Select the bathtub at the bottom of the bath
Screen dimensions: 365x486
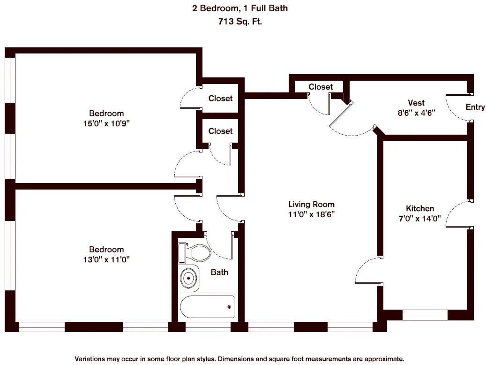pyautogui.click(x=207, y=307)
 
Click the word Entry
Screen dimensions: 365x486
pyautogui.click(x=475, y=107)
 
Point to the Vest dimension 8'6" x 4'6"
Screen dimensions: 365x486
pyautogui.click(x=416, y=113)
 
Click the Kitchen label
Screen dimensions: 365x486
pyautogui.click(x=419, y=208)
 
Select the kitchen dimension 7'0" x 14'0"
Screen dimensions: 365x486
pyautogui.click(x=419, y=218)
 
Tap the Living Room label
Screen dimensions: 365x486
pyautogui.click(x=311, y=204)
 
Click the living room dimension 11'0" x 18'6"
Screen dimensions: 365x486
pyautogui.click(x=311, y=214)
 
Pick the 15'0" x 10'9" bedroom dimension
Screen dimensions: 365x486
pyautogui.click(x=106, y=123)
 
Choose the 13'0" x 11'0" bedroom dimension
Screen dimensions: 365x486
pyautogui.click(x=106, y=259)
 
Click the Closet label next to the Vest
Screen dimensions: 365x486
pyautogui.click(x=321, y=87)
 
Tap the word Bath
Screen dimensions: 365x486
pyautogui.click(x=219, y=272)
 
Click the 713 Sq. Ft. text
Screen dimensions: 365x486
pyautogui.click(x=239, y=21)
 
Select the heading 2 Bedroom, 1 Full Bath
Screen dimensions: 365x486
pyautogui.click(x=239, y=8)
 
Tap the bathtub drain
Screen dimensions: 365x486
pyautogui.click(x=229, y=307)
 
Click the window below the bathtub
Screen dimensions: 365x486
pyautogui.click(x=206, y=327)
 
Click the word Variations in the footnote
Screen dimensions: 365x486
pyautogui.click(x=90, y=358)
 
